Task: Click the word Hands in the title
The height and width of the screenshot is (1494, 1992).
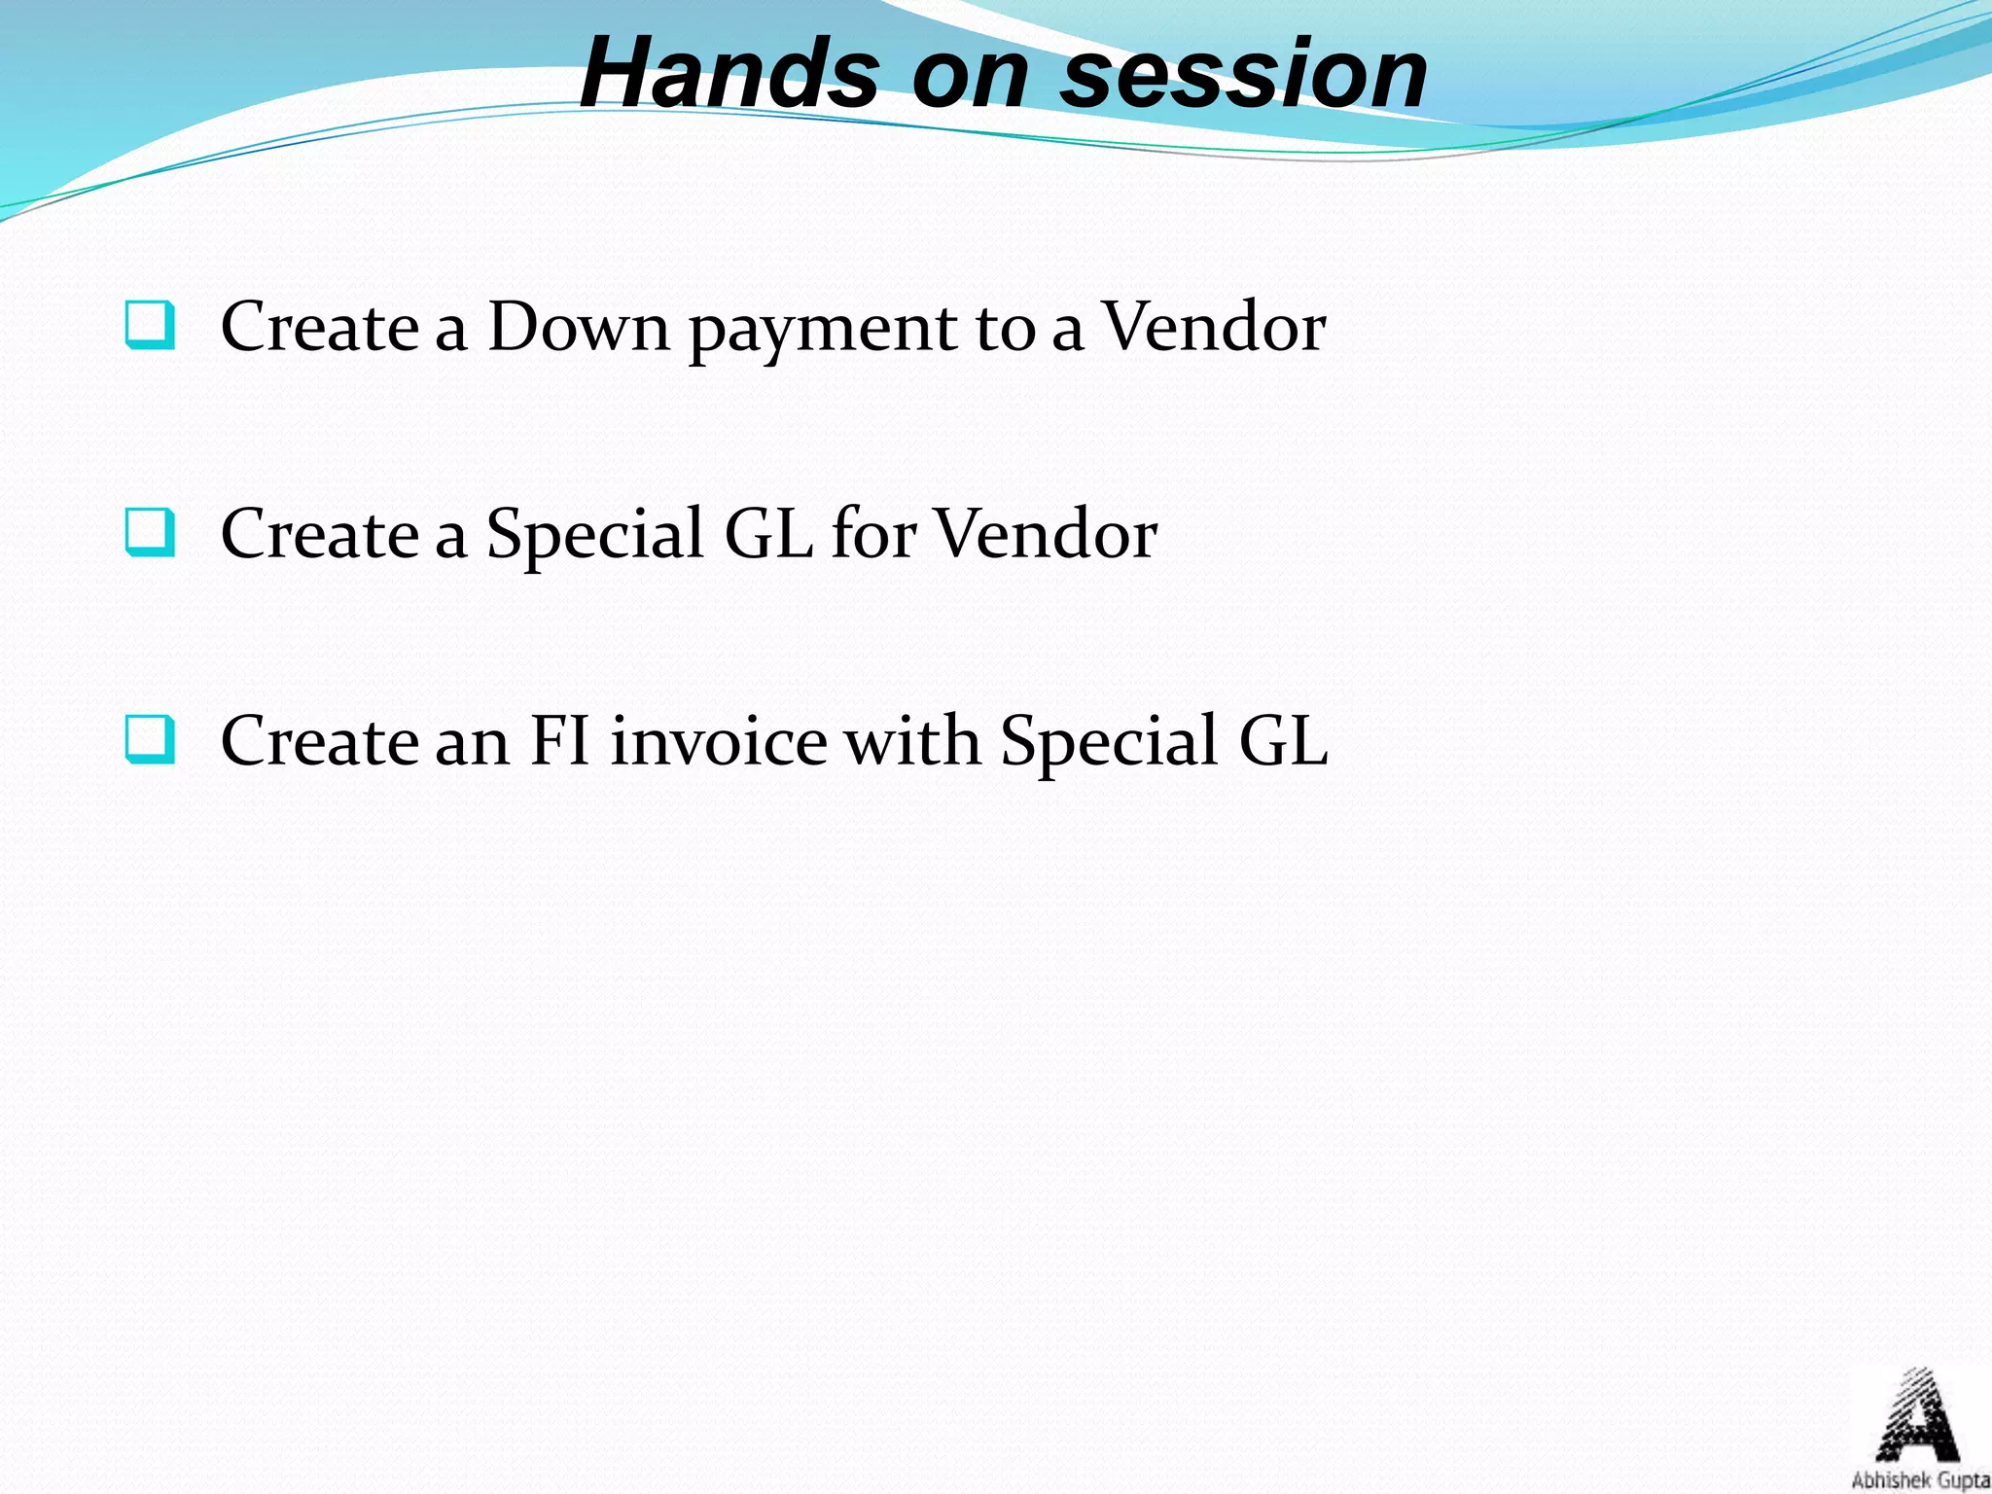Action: (729, 73)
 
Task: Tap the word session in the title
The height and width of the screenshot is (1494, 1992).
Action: (1244, 73)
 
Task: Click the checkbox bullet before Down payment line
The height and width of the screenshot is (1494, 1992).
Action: (151, 326)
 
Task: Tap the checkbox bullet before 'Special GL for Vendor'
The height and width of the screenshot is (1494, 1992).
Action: (151, 533)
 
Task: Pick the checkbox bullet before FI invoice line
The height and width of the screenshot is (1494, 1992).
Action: (151, 740)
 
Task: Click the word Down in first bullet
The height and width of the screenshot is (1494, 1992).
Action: (578, 327)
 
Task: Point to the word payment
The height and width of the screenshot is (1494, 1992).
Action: (823, 331)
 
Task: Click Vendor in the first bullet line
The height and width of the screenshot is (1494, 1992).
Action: (1214, 327)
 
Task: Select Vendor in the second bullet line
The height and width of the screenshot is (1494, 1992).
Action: (1046, 534)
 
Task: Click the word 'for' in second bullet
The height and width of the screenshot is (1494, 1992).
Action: (872, 534)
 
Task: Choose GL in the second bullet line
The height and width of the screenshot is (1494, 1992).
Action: (768, 534)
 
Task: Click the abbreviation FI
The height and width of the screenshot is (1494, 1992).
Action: (560, 741)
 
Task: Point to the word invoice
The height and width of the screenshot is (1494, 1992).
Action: (719, 741)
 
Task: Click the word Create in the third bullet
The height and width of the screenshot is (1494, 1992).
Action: (319, 741)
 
